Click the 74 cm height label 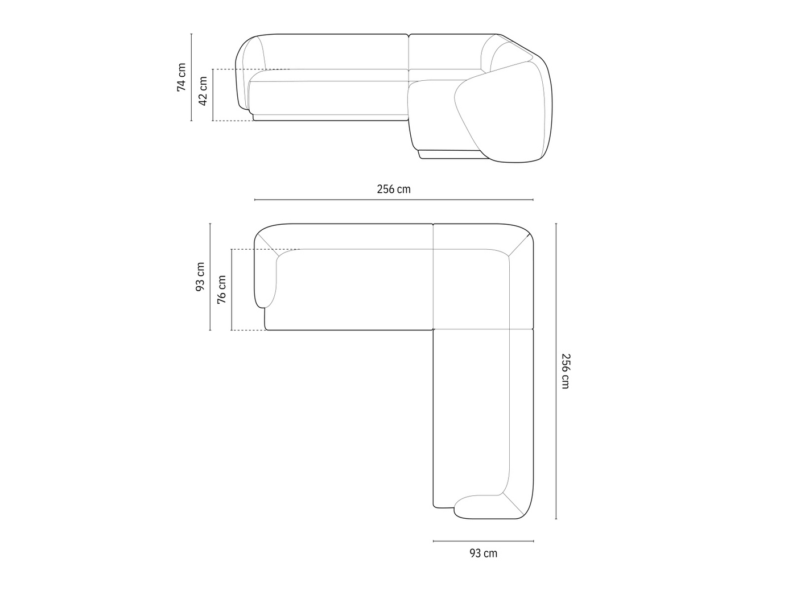(181, 77)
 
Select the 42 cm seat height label (203, 91)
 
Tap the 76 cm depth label (222, 290)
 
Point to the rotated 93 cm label (200, 276)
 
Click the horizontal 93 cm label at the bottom (483, 553)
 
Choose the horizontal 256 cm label (394, 189)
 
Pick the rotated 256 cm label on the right (566, 371)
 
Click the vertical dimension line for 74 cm (191, 77)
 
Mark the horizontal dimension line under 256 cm (394, 200)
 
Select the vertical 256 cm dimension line (556, 371)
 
